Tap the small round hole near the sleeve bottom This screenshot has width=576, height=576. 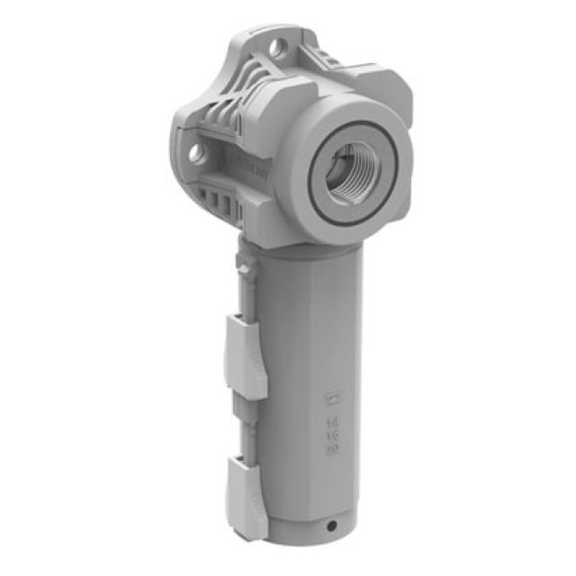point(332,525)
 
